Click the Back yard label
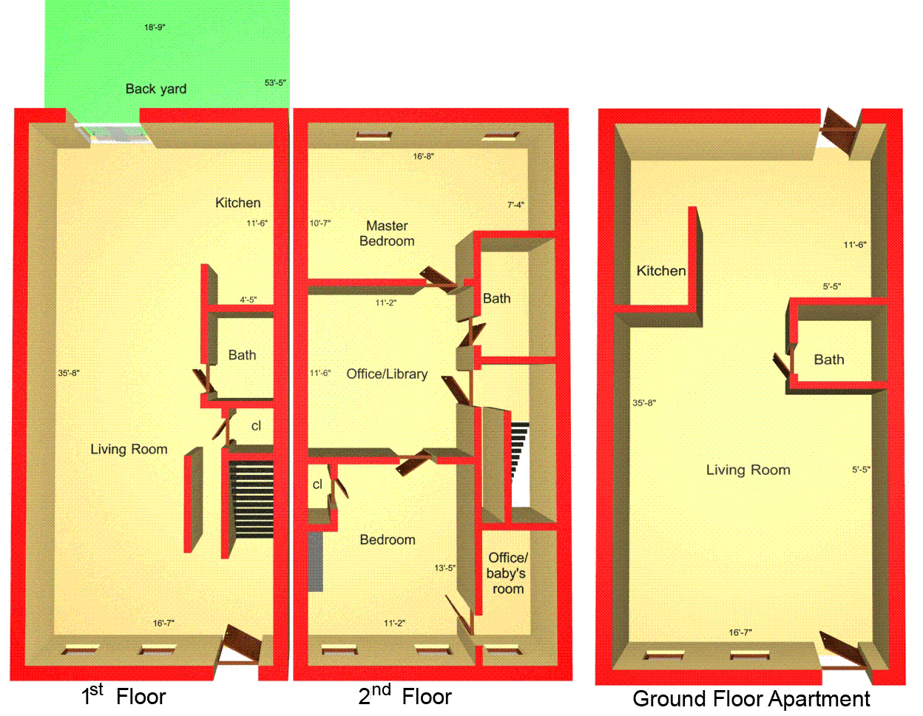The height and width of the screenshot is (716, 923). coord(156,89)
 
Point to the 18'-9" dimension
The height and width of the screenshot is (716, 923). coord(155,27)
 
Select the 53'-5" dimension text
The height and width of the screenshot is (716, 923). coord(275,83)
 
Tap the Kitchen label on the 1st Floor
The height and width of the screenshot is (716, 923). coord(237,203)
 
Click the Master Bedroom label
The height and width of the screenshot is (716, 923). coord(387,233)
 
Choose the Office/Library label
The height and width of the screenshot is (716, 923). coord(387,374)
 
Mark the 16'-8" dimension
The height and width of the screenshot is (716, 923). coord(424,156)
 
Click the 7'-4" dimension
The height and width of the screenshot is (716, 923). coord(515,205)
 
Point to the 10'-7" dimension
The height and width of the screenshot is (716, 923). coord(320,223)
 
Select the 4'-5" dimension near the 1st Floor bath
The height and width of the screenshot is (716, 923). coord(248,300)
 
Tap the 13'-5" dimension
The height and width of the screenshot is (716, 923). coord(445,568)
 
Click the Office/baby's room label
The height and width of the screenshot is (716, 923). coord(507,573)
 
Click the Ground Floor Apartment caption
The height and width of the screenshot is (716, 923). coord(751,699)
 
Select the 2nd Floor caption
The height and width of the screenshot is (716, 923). coord(405,695)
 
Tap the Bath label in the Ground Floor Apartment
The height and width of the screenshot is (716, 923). coord(828,359)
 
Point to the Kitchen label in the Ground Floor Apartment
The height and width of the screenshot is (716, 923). coord(661,271)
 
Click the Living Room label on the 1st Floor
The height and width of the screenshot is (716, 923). coord(129,449)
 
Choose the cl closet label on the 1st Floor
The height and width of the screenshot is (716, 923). coord(256,426)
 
